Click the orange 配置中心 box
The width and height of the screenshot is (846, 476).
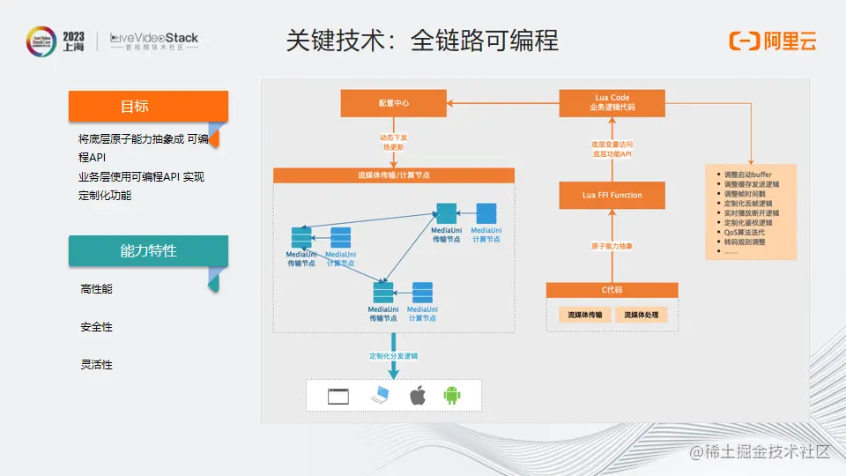[393, 104]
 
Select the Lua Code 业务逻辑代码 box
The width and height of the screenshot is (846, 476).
[612, 103]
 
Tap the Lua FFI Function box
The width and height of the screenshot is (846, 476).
[612, 195]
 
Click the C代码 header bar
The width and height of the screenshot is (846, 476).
[612, 290]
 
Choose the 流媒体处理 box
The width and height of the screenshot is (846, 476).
[641, 315]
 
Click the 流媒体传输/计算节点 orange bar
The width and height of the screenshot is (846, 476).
[394, 175]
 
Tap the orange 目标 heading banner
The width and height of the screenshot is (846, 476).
[147, 107]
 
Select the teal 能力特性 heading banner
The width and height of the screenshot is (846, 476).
[147, 251]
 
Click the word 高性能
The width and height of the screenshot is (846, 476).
[96, 289]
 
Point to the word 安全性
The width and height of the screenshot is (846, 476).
[96, 327]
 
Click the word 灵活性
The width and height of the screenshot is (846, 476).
[96, 365]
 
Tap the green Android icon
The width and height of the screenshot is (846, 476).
[452, 395]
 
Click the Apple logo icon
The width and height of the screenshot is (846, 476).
[418, 395]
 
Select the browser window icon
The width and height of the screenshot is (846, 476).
[338, 396]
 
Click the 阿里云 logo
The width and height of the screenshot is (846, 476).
[772, 41]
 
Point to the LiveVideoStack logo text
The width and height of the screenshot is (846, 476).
[154, 39]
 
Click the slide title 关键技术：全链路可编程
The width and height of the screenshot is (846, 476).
[422, 41]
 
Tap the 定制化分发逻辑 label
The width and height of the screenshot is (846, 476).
[394, 356]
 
